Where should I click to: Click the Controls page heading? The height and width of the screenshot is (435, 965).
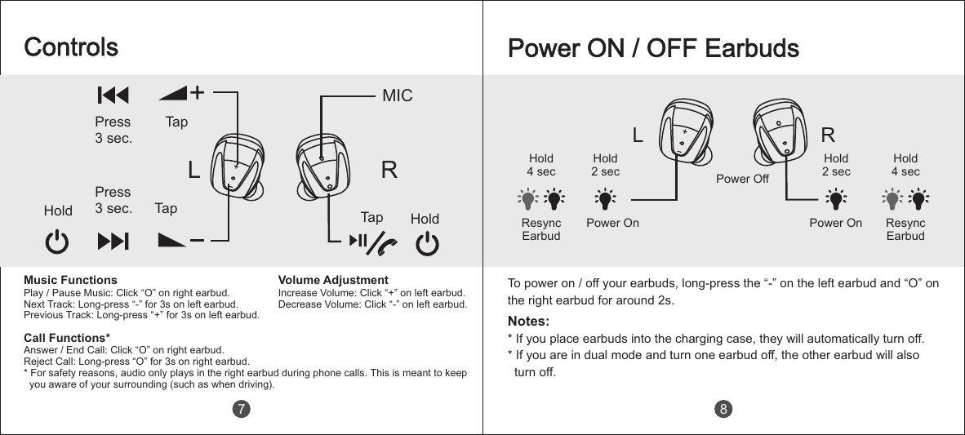71,47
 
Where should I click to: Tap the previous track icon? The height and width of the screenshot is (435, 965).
113,95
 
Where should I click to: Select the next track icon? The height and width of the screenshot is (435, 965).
113,241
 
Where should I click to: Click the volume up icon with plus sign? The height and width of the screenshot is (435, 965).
185,93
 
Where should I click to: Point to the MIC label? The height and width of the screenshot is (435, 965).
398,95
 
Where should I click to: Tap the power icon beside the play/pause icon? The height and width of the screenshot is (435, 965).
427,243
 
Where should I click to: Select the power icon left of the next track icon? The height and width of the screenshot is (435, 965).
56,242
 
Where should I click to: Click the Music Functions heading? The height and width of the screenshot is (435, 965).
70,280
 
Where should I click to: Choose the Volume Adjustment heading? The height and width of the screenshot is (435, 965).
333,280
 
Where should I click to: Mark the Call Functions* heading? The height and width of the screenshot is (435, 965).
67,337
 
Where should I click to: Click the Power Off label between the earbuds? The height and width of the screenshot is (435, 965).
743,178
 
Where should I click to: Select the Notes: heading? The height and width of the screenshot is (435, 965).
528,320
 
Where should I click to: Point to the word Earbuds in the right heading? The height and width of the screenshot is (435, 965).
752,48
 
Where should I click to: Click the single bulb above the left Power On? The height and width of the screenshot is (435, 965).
605,199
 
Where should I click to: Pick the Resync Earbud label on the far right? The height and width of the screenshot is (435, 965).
905,229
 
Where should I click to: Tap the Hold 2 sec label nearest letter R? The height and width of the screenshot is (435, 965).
836,165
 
